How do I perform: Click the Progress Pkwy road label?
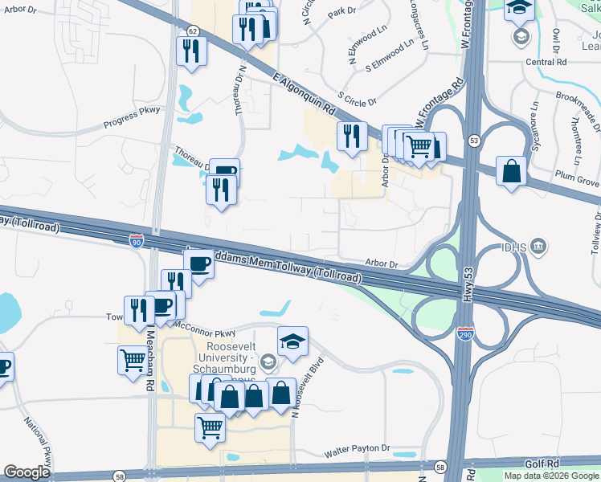[132, 118]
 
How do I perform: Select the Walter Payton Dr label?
[357, 452]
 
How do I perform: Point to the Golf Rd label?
[542, 464]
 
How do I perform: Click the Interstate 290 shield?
[464, 333]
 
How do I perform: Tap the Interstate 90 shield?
[137, 239]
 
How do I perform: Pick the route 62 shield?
[192, 30]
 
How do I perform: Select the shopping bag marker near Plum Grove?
[512, 170]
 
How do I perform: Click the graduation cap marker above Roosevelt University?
[292, 341]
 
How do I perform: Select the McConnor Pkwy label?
[206, 329]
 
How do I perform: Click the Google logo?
[27, 472]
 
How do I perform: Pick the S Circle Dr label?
[358, 101]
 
